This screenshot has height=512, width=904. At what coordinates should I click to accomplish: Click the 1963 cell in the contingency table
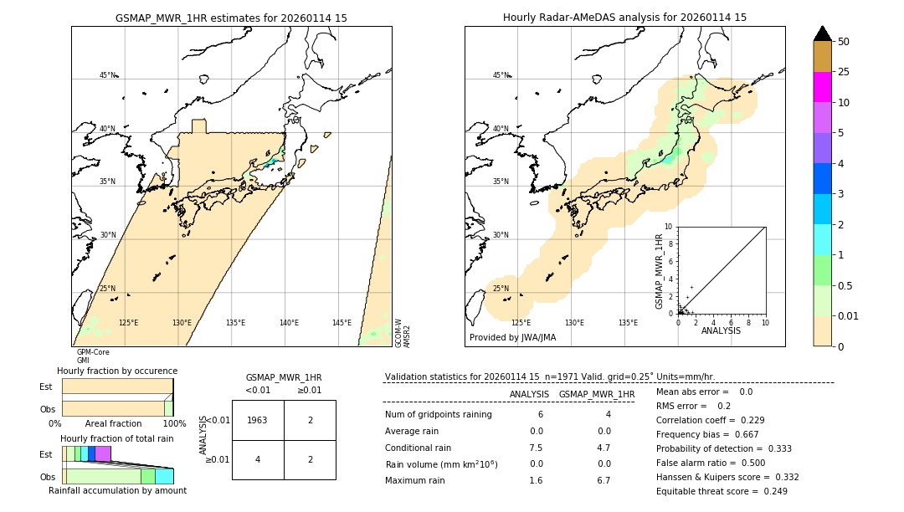click(257, 420)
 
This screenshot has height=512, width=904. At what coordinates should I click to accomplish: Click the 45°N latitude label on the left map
click(107, 75)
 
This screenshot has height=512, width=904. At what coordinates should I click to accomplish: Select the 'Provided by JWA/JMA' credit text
click(512, 338)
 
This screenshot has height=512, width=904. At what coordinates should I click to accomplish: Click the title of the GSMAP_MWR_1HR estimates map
click(231, 18)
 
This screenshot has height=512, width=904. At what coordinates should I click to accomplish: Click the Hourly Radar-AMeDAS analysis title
click(624, 18)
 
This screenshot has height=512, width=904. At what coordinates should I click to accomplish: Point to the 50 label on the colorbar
click(844, 42)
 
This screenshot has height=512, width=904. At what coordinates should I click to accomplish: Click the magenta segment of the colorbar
click(822, 87)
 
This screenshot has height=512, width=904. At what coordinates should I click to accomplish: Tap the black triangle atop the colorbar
click(822, 33)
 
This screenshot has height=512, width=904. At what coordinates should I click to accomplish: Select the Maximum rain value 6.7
click(603, 480)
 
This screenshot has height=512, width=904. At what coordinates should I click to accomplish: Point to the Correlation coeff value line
click(709, 420)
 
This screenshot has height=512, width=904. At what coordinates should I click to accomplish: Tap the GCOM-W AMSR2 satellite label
click(403, 332)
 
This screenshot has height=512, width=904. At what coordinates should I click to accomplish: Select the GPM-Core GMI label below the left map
click(92, 356)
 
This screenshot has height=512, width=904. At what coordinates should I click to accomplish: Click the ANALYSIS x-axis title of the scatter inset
click(721, 331)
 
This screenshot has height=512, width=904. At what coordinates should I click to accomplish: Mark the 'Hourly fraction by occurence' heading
click(117, 371)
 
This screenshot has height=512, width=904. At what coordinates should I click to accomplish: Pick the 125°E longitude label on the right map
click(521, 323)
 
